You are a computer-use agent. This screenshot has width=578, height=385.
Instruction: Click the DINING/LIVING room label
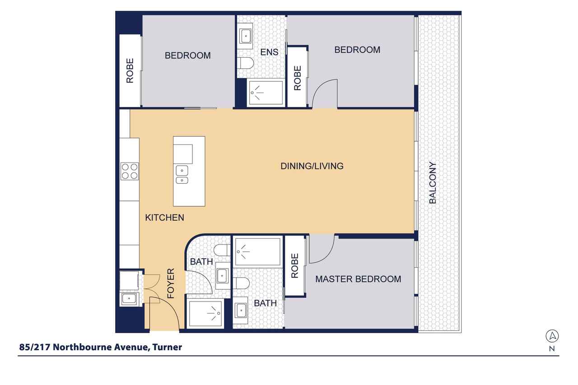(312, 166)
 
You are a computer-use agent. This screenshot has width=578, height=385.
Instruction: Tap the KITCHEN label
(164, 218)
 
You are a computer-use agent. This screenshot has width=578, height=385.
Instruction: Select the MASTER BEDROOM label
(358, 279)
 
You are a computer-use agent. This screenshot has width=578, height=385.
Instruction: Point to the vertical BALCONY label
(433, 182)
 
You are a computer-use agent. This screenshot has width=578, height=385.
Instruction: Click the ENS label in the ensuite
(269, 52)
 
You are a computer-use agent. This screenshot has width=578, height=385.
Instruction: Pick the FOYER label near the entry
(171, 283)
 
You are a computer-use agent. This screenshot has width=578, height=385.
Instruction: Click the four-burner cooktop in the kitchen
(129, 172)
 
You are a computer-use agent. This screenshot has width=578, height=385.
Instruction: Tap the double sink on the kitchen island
(182, 175)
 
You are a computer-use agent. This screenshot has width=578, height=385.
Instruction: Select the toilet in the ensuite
(246, 64)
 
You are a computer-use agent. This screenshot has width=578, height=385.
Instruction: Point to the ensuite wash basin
(246, 35)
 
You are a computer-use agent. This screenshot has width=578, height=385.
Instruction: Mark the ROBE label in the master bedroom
(295, 266)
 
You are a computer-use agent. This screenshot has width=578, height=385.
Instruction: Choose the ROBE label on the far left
(130, 71)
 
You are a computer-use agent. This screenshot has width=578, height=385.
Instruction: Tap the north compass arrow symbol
(552, 336)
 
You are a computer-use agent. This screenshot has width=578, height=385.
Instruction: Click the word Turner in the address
(167, 347)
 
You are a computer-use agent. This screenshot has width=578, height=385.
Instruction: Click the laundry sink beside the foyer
(129, 298)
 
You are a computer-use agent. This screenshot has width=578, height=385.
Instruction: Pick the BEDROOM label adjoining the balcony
(357, 50)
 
